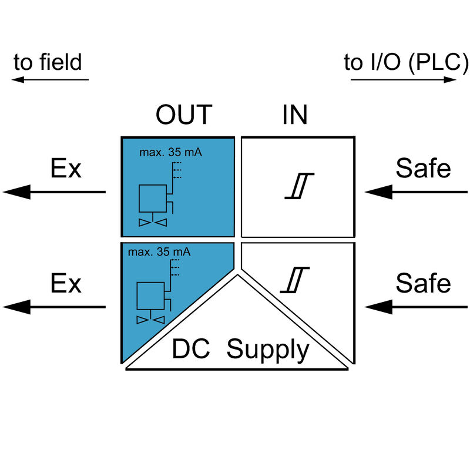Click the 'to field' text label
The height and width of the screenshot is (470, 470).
coord(48,62)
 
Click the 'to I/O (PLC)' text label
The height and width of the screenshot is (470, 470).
coord(406,62)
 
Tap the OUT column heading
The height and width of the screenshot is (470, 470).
coord(183,116)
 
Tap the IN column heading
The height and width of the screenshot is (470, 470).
coord(295,116)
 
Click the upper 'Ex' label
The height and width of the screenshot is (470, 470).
coord(66,169)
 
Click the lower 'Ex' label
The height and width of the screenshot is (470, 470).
coord(66,284)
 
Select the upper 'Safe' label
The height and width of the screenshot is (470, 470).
coord(423,169)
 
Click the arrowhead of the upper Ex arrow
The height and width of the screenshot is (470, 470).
coord(16,192)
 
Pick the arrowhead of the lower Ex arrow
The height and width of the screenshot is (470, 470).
coord(16,307)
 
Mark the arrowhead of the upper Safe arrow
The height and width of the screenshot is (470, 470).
coord(378,192)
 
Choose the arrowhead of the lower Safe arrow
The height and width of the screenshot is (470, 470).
coord(378,307)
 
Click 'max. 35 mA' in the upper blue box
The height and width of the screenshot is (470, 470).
coord(170,153)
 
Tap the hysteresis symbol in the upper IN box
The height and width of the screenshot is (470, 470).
coord(300,186)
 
